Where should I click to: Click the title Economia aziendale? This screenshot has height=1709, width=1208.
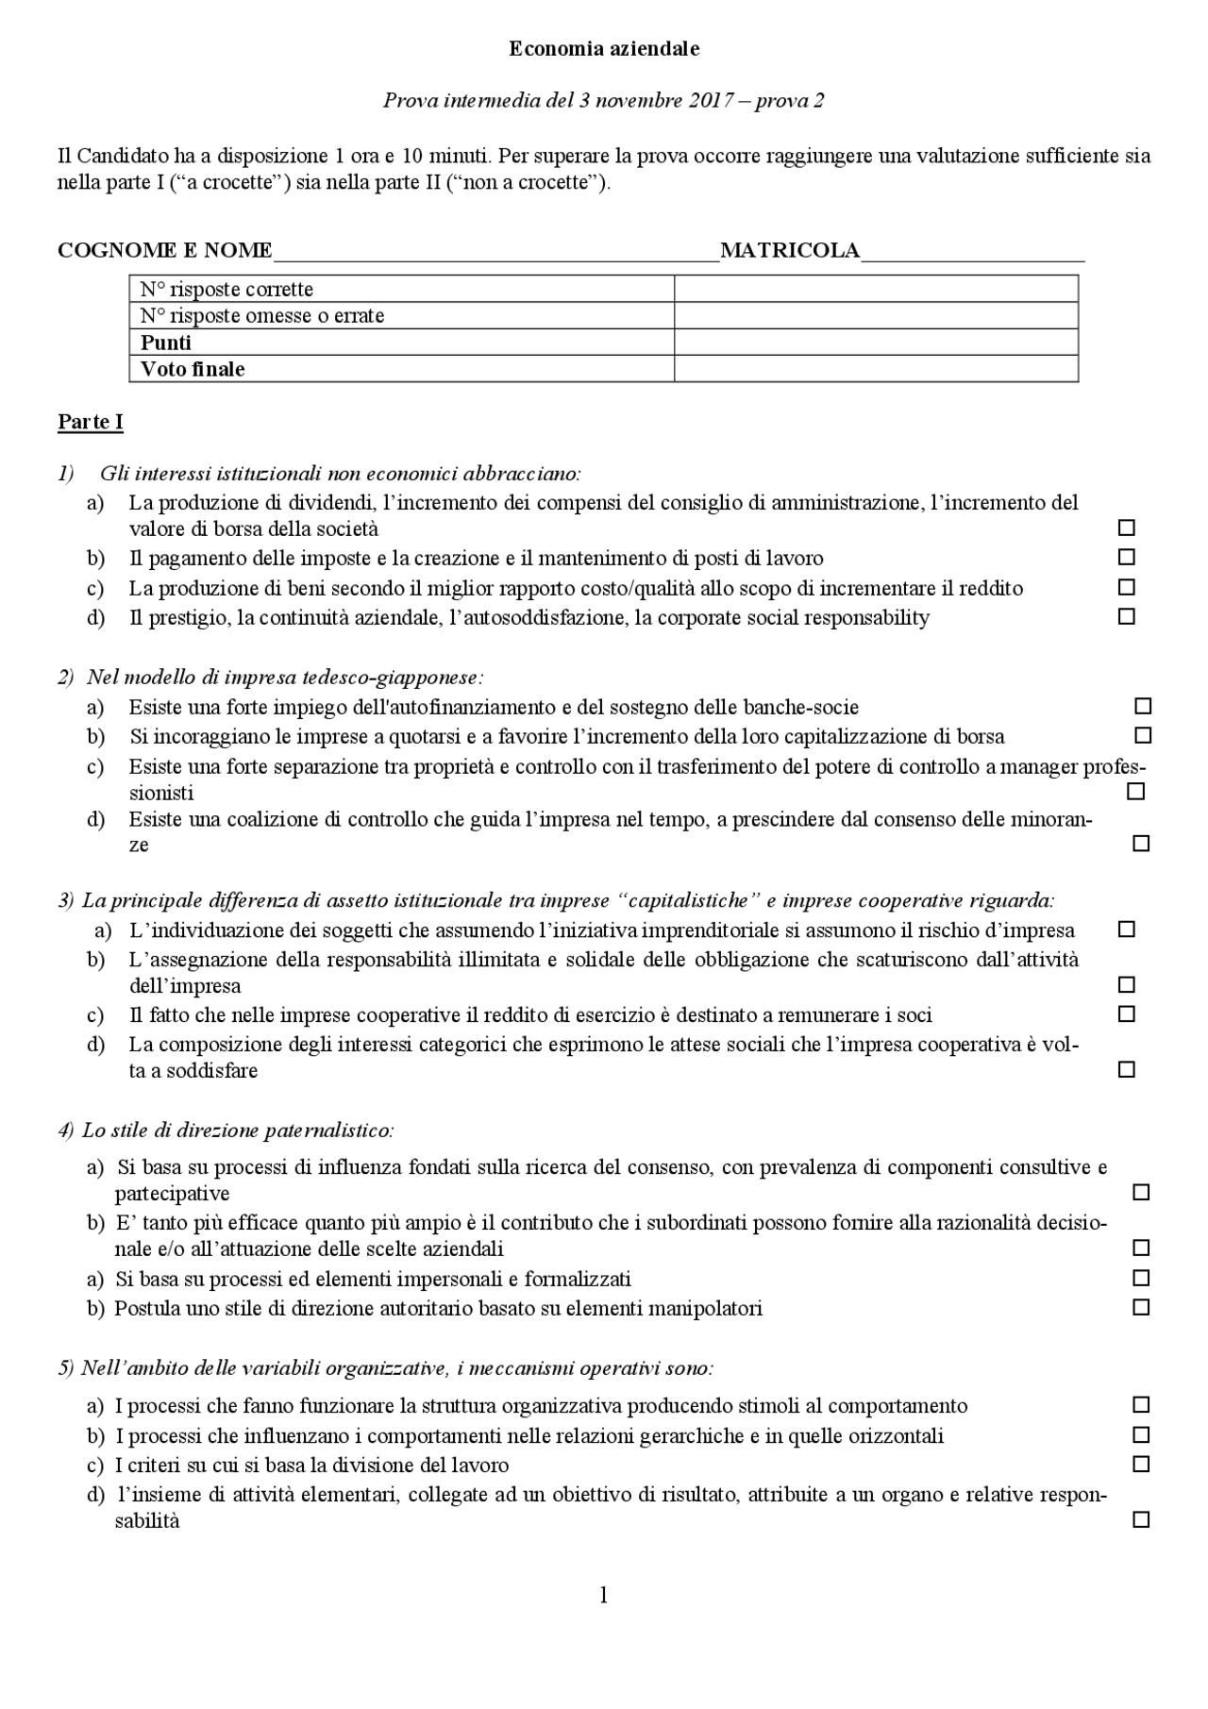point(604,49)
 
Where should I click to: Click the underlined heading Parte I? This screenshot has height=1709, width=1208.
point(90,422)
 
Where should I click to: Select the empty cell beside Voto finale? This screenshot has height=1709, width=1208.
point(876,369)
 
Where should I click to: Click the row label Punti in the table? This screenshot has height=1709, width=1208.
point(166,343)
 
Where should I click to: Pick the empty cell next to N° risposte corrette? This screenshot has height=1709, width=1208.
point(876,289)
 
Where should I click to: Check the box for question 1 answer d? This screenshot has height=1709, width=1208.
point(1126,617)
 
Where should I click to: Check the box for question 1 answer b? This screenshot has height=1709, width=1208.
point(1126,558)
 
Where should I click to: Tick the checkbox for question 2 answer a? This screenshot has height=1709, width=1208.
point(1143,706)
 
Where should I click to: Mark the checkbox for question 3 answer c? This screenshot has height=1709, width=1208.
point(1126,1014)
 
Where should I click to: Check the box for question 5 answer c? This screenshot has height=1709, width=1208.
point(1141,1465)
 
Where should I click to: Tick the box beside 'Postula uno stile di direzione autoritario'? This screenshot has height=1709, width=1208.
point(1141,1308)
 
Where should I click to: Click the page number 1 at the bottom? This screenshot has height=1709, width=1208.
point(603,1596)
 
